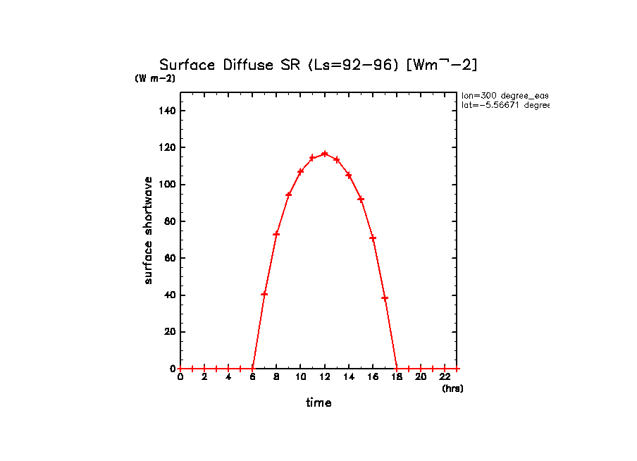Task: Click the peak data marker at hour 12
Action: (324, 154)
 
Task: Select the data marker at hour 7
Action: (264, 294)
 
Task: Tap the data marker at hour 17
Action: (385, 298)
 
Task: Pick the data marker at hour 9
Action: (288, 195)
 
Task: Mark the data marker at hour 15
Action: (361, 199)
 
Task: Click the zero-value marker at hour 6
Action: (252, 368)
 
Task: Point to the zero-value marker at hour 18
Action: (397, 368)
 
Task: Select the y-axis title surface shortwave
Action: (148, 230)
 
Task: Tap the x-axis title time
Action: (318, 403)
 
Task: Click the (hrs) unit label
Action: (452, 388)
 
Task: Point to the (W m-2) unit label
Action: (155, 79)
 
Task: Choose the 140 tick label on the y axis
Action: (167, 111)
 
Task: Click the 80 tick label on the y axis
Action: (170, 221)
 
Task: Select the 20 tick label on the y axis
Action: (170, 332)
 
